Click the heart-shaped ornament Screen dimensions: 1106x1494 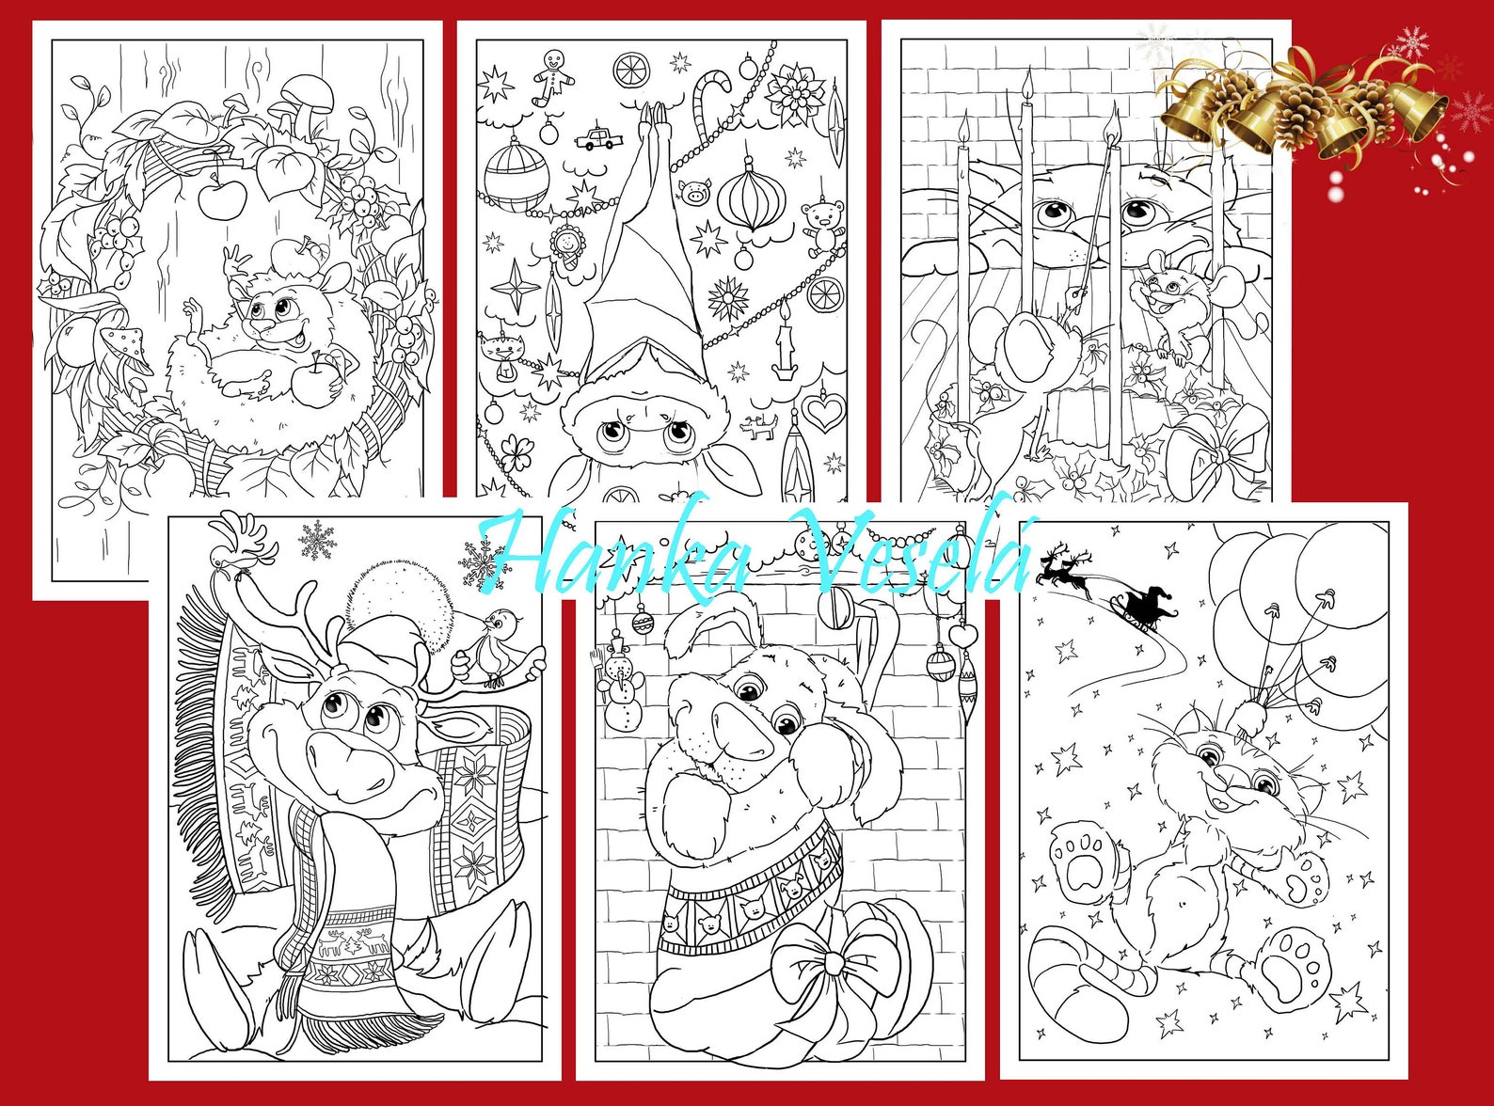(x=824, y=412)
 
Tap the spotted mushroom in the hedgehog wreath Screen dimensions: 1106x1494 (x=126, y=342)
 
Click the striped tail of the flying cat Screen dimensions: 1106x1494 (x=1082, y=978)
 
